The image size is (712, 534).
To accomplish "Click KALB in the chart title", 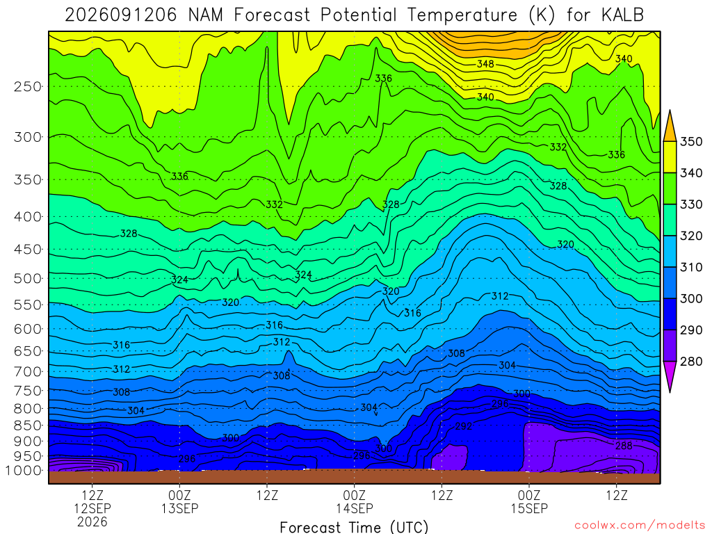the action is (x=622, y=15).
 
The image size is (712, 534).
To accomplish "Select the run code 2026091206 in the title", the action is (x=121, y=15).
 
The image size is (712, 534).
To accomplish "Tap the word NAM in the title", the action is (x=206, y=15).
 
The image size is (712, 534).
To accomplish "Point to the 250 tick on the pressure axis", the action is (x=27, y=86).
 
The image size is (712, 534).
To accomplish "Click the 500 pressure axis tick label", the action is (x=27, y=278).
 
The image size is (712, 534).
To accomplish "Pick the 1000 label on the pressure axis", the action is (x=22, y=471).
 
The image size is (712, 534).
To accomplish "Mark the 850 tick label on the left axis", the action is (x=27, y=426).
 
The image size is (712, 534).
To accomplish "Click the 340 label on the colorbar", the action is (x=690, y=173).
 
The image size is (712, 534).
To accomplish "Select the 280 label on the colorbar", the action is (x=690, y=362).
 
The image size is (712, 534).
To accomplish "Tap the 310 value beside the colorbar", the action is (x=690, y=267).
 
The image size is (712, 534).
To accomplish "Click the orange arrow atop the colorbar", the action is (x=670, y=126).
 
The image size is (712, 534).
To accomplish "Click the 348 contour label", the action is (x=485, y=64).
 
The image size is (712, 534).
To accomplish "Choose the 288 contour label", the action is (x=624, y=446).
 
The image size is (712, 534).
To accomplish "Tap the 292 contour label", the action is (x=464, y=426).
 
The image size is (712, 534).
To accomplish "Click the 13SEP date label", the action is (x=180, y=508).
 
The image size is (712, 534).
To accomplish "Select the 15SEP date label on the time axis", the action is (x=529, y=508).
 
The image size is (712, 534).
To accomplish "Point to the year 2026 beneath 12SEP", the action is (x=92, y=521).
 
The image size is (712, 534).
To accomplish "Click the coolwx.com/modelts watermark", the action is (x=640, y=526).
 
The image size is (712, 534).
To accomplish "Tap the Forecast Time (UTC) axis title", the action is (x=354, y=527).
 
